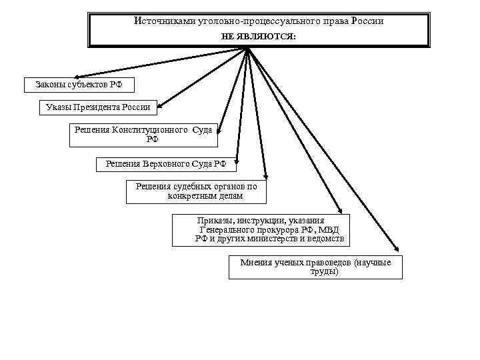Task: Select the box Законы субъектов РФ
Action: [79, 85]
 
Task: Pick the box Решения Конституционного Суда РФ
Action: [144, 135]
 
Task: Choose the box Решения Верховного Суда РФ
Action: [166, 163]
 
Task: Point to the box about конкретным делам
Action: [196, 192]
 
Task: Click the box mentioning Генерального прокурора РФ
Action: [261, 229]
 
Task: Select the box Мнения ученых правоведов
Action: [315, 267]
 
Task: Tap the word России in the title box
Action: [366, 21]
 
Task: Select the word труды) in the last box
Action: [325, 272]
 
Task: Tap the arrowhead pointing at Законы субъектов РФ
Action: [76, 77]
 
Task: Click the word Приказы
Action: [212, 221]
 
